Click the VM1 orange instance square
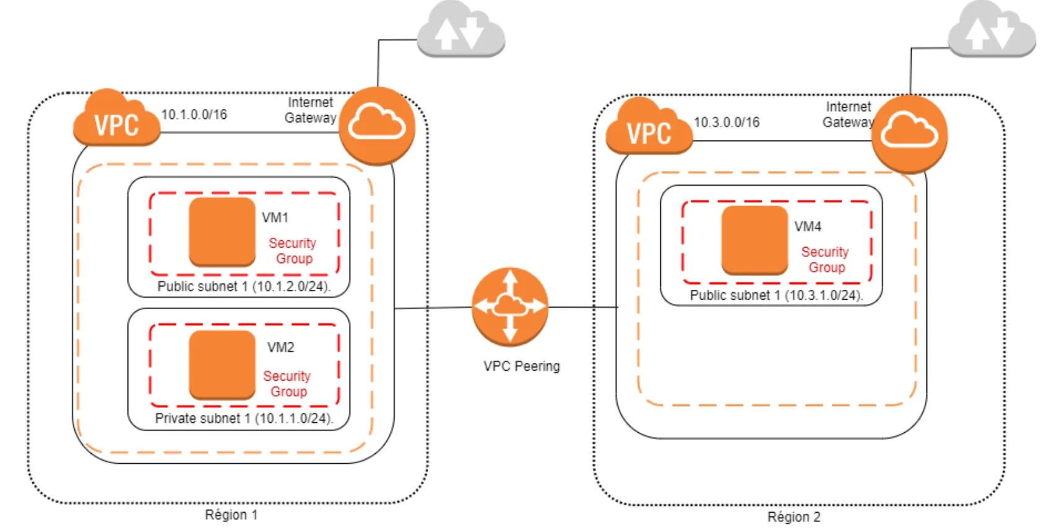tap(222, 232)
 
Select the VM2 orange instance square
tap(222, 364)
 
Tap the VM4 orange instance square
tap(754, 240)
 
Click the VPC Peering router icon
tap(509, 306)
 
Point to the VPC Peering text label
tap(522, 366)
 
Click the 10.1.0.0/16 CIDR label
tap(194, 115)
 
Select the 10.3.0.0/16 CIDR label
tap(727, 123)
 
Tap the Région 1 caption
tap(231, 515)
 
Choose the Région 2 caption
tap(793, 517)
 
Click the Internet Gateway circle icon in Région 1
tap(377, 126)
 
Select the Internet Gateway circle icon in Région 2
tap(909, 134)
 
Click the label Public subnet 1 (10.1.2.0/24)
tap(244, 286)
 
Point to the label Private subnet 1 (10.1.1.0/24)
tap(244, 419)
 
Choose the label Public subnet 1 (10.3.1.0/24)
tap(776, 295)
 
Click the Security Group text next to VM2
tap(287, 384)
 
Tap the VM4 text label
tap(808, 227)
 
